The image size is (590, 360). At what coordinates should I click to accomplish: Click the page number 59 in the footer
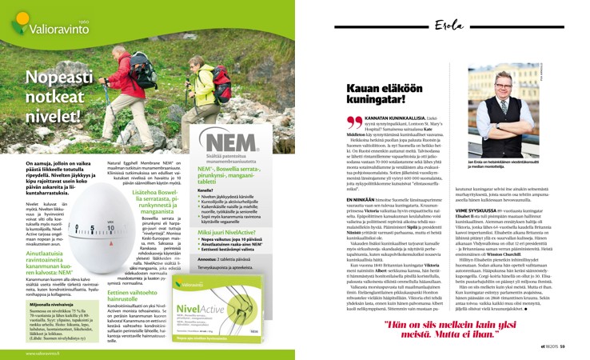(x=561, y=346)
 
